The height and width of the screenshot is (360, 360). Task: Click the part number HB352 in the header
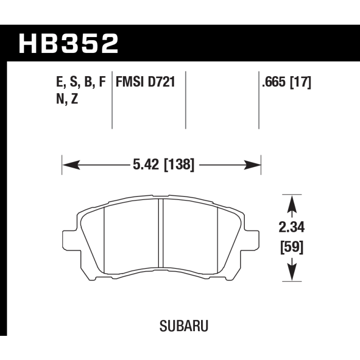[69, 43]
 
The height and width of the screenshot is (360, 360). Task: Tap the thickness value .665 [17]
[286, 82]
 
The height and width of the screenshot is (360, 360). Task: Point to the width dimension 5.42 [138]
[162, 165]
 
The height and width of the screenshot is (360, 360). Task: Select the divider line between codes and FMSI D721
[112, 100]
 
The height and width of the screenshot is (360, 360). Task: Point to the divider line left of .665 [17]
[258, 100]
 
